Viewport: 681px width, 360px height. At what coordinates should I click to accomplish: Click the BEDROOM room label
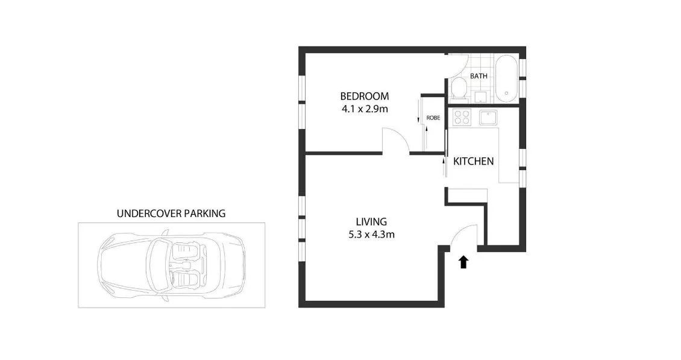364,96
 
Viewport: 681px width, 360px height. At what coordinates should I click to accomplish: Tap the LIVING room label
370,221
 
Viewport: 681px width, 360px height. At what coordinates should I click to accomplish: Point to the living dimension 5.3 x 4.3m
370,235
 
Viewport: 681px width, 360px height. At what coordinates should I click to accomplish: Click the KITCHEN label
473,161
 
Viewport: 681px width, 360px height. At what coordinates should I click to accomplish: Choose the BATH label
479,76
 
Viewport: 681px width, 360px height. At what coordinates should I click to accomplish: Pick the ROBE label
432,118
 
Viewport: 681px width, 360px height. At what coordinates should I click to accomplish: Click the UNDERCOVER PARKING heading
171,213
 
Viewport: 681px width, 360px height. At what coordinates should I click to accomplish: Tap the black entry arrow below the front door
463,261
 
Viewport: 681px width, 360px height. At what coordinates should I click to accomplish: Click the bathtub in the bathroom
505,78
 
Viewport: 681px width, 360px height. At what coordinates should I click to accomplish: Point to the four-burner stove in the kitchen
462,117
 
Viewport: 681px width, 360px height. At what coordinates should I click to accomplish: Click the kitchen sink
486,117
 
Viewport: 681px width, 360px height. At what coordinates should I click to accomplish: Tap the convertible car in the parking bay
171,265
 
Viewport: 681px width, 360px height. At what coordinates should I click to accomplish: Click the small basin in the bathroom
481,96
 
